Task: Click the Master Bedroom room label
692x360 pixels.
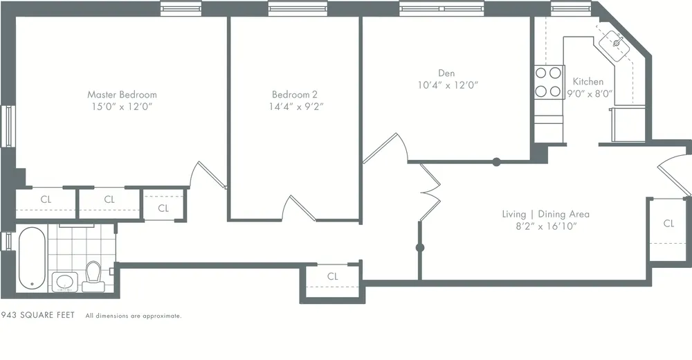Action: [x=122, y=94]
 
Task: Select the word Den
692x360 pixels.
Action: [x=446, y=73]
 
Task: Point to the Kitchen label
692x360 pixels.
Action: [x=588, y=81]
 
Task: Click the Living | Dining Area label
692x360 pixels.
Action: [x=545, y=214]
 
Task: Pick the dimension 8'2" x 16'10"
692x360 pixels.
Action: [x=545, y=226]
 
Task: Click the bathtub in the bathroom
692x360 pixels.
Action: [x=32, y=260]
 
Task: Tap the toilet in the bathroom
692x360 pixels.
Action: [x=93, y=276]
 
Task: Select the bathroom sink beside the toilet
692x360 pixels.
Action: [x=66, y=282]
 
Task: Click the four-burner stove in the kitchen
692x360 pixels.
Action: [x=548, y=82]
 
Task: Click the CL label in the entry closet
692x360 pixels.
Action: [x=668, y=223]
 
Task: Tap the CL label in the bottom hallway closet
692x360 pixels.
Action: [x=332, y=276]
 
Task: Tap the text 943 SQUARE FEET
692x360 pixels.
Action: [x=38, y=315]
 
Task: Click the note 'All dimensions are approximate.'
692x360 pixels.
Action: [x=134, y=316]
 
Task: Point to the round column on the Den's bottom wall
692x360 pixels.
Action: [x=496, y=163]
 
